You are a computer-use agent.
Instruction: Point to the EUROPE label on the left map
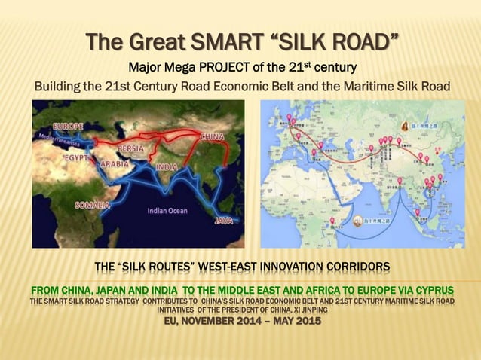pos(68,127)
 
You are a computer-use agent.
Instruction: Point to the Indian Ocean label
pos(167,211)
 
